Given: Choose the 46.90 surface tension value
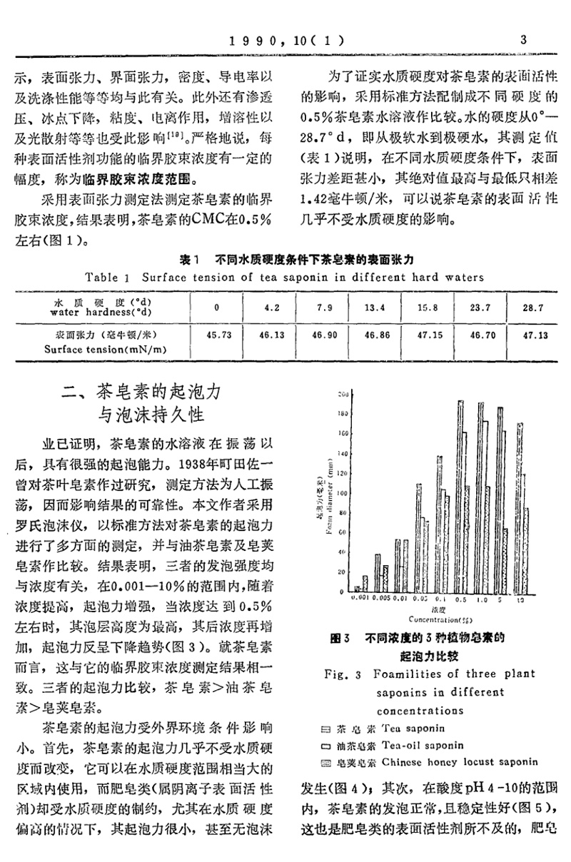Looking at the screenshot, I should pyautogui.click(x=321, y=334).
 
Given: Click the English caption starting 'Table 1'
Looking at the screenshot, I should pyautogui.click(x=284, y=277).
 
